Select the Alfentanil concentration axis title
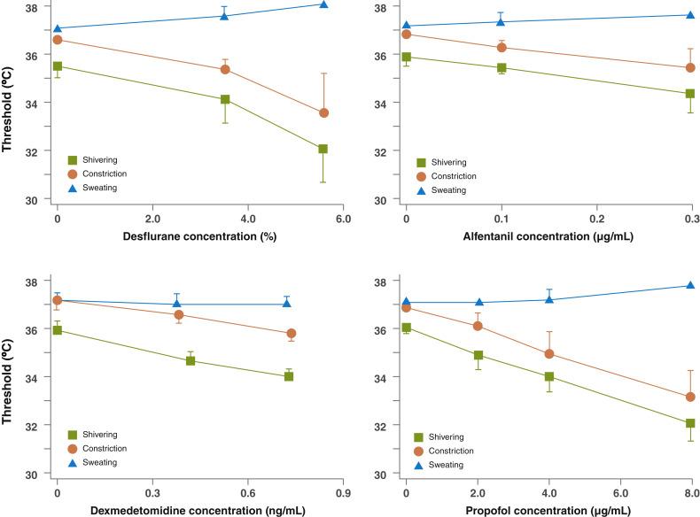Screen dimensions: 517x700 coord(548,238)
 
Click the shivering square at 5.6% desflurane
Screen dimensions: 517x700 coord(323,149)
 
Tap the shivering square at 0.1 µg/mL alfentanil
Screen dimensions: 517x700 coord(502,67)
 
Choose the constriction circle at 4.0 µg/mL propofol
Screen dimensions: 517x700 coord(549,354)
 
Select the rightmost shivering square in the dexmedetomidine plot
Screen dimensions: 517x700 coord(289,376)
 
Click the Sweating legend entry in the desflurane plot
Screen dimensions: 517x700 coord(97,188)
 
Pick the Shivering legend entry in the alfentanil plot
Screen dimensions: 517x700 coord(447,162)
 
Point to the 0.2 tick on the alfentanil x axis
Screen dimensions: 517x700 coord(596,218)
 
